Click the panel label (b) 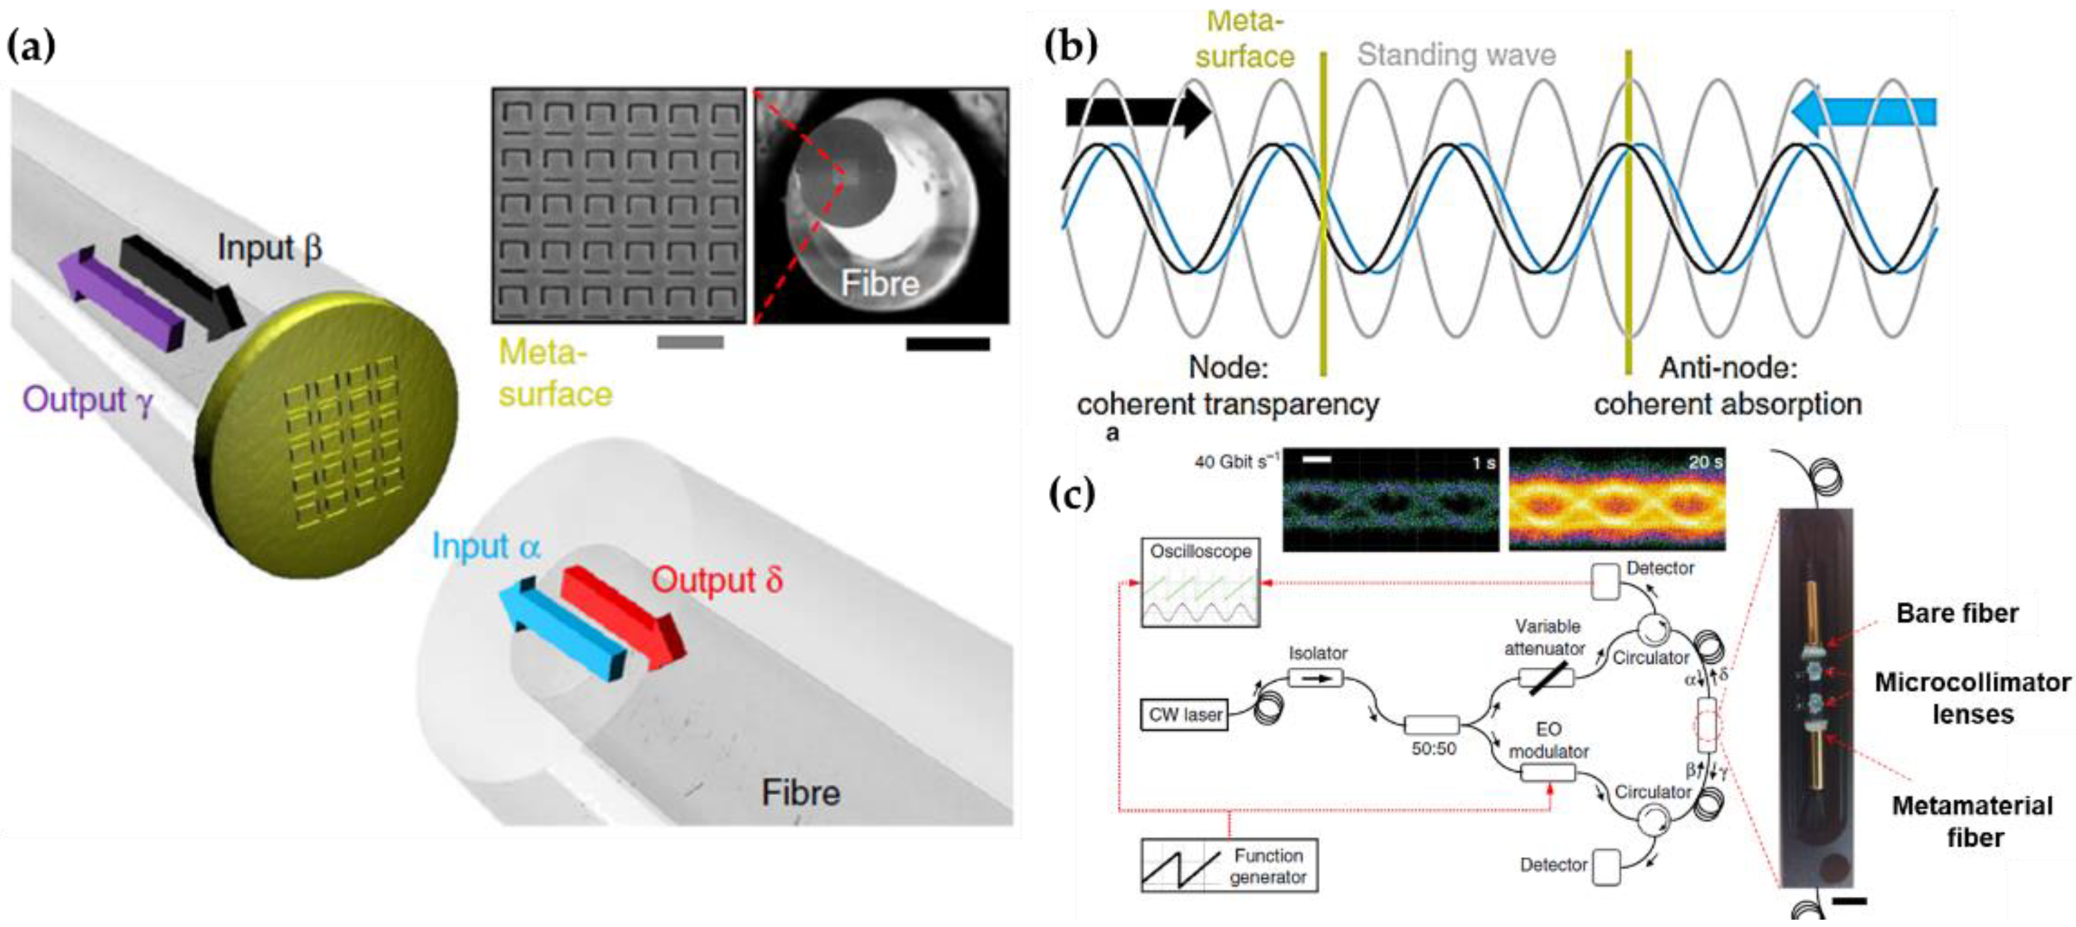pos(1071,46)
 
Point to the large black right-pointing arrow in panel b pos(1137,113)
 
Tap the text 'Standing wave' pos(1456,55)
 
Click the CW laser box pos(1184,715)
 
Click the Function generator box pos(1229,865)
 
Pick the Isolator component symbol pos(1315,679)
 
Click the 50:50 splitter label pos(1434,748)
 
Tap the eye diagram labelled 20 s pos(1617,500)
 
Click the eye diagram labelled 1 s pos(1390,500)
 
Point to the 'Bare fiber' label pos(1957,614)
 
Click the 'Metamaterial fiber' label pos(1972,820)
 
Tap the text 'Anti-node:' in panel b pos(1728,368)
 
